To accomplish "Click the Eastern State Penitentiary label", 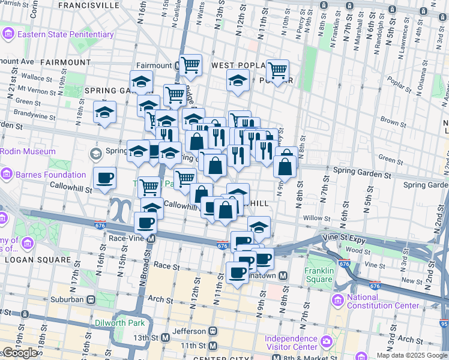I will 65,34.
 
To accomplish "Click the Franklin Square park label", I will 319,275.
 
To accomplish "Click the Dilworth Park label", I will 119,322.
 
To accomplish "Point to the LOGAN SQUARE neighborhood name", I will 37,260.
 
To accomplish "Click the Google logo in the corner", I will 20,353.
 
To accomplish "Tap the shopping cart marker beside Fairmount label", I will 190,64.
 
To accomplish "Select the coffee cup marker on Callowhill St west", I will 105,178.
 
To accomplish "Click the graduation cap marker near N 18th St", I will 104,112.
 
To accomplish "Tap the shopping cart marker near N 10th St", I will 277,70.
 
